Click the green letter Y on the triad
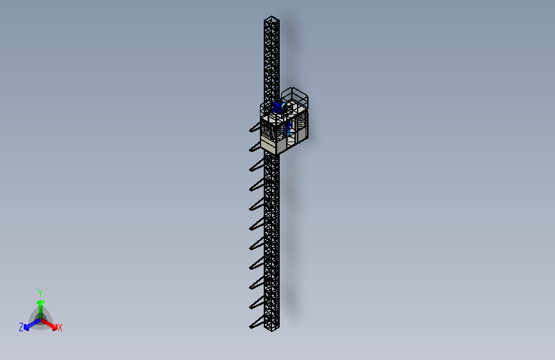coord(40,293)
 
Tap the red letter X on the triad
coord(60,327)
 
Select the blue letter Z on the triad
coord(21,327)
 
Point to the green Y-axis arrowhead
coord(41,303)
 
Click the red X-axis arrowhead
coord(54,327)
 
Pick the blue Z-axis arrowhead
coord(27,328)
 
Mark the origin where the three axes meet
coord(41,319)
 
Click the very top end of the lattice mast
coord(271,16)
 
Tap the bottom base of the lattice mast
coord(271,329)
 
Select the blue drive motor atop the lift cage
coord(278,106)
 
